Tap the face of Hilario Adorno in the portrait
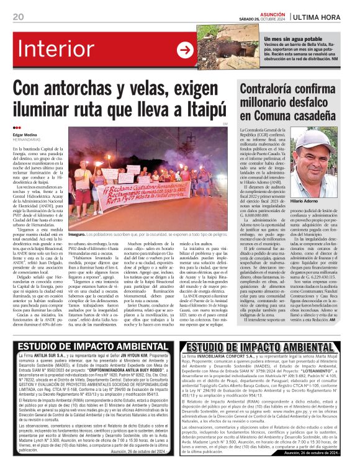317,161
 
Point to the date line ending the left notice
134,452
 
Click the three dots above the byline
17,128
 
